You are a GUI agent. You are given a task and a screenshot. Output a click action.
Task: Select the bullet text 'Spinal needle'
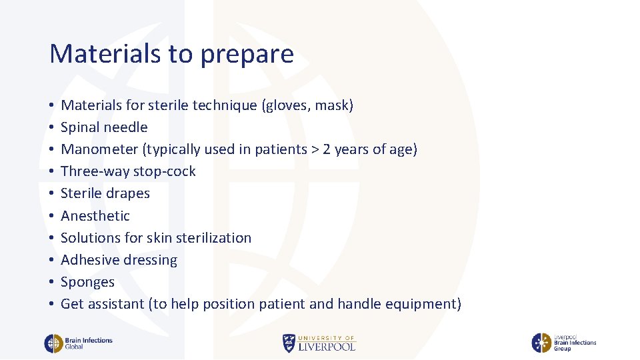click(x=104, y=127)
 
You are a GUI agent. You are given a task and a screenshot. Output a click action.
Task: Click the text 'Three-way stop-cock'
click(x=128, y=171)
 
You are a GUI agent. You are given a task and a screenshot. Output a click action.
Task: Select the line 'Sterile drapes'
click(x=105, y=193)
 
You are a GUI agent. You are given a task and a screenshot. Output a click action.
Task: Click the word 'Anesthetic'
click(x=95, y=216)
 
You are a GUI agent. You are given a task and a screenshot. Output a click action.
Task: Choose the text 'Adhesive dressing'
click(x=119, y=260)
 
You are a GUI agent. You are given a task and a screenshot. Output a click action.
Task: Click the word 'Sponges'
click(x=87, y=282)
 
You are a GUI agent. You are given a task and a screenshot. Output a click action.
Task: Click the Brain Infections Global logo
click(x=78, y=343)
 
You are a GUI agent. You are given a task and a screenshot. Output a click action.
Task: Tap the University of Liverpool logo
click(x=319, y=343)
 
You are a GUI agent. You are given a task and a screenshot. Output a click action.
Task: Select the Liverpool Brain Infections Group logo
click(x=563, y=343)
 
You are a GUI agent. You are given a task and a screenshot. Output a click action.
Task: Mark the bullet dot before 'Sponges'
click(x=51, y=283)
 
